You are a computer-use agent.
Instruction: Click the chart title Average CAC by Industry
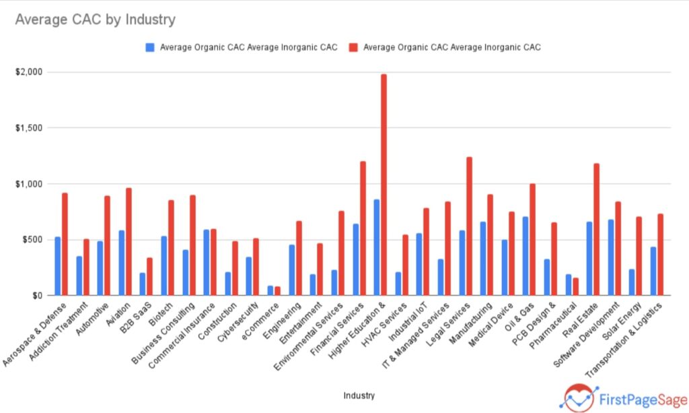click(95, 20)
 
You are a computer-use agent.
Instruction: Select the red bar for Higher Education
click(384, 185)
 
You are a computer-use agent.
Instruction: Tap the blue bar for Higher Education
click(376, 247)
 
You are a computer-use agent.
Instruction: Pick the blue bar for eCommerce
click(270, 290)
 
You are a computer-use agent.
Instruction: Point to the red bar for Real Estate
click(596, 229)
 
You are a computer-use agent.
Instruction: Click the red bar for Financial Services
click(363, 228)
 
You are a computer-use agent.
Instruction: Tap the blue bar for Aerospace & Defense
click(58, 266)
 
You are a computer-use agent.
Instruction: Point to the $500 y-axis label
click(33, 240)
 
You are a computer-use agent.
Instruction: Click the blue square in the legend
click(150, 47)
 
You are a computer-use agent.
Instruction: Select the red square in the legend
click(353, 47)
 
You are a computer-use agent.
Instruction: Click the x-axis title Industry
click(359, 395)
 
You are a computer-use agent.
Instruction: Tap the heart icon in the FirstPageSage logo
click(579, 397)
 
